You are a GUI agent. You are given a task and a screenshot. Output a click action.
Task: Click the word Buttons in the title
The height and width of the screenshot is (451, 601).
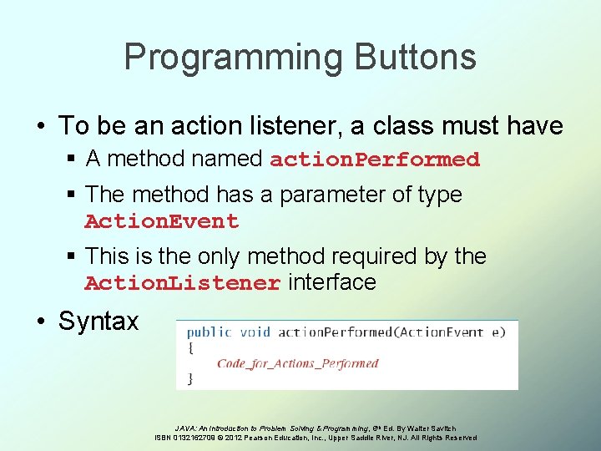coord(415,58)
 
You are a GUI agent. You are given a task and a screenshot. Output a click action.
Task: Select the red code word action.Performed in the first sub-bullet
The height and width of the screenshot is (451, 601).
coord(375,160)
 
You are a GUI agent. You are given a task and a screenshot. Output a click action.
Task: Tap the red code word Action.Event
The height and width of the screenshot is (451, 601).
coord(161,222)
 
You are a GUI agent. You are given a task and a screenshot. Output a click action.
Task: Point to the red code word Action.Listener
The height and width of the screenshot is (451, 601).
coord(182,284)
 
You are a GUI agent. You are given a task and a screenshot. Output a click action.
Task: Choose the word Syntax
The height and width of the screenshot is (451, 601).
coord(98,322)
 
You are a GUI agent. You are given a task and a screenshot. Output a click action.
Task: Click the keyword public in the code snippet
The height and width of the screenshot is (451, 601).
coord(209,332)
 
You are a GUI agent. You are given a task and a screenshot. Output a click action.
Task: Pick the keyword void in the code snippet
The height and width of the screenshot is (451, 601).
coord(255,332)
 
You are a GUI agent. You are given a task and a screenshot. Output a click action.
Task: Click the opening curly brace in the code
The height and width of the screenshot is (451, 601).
coord(190,347)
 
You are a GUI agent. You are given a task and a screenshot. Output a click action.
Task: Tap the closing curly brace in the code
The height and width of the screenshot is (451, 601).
coord(190,378)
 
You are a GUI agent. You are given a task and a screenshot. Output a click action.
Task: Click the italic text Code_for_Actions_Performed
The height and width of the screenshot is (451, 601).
coord(297,363)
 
